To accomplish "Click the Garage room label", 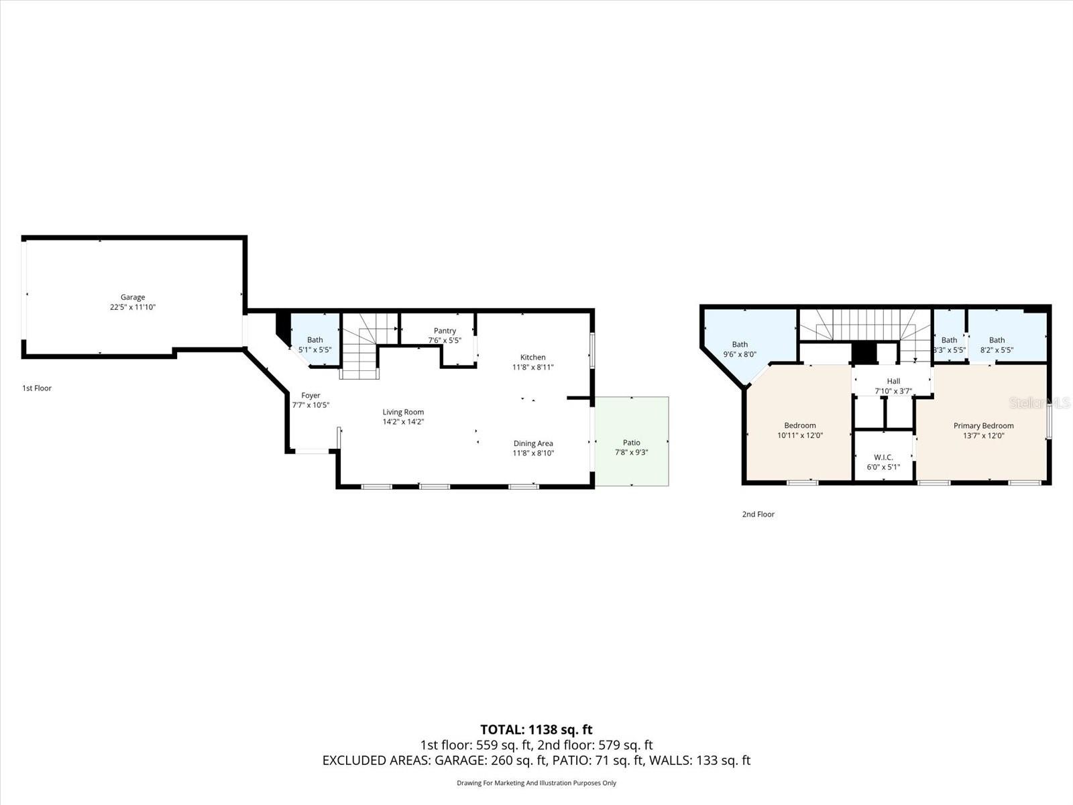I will (133, 297).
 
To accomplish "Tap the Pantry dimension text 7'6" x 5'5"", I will (445, 340).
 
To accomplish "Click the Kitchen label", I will (533, 357).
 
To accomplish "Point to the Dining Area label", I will (533, 443).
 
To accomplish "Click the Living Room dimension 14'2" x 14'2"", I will (403, 422).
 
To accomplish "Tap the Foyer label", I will (310, 396).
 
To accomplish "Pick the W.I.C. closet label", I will (883, 458).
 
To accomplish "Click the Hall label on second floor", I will (893, 381).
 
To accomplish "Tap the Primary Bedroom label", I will (984, 425).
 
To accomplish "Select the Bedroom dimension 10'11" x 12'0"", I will (800, 435).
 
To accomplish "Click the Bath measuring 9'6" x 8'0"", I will (740, 350).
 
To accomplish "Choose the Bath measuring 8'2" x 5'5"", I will (997, 345).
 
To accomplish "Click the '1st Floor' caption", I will (37, 388).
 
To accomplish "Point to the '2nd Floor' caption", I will (758, 515).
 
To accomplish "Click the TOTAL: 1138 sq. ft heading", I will (536, 729).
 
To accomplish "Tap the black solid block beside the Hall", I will (864, 353).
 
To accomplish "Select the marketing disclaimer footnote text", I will (536, 783).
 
